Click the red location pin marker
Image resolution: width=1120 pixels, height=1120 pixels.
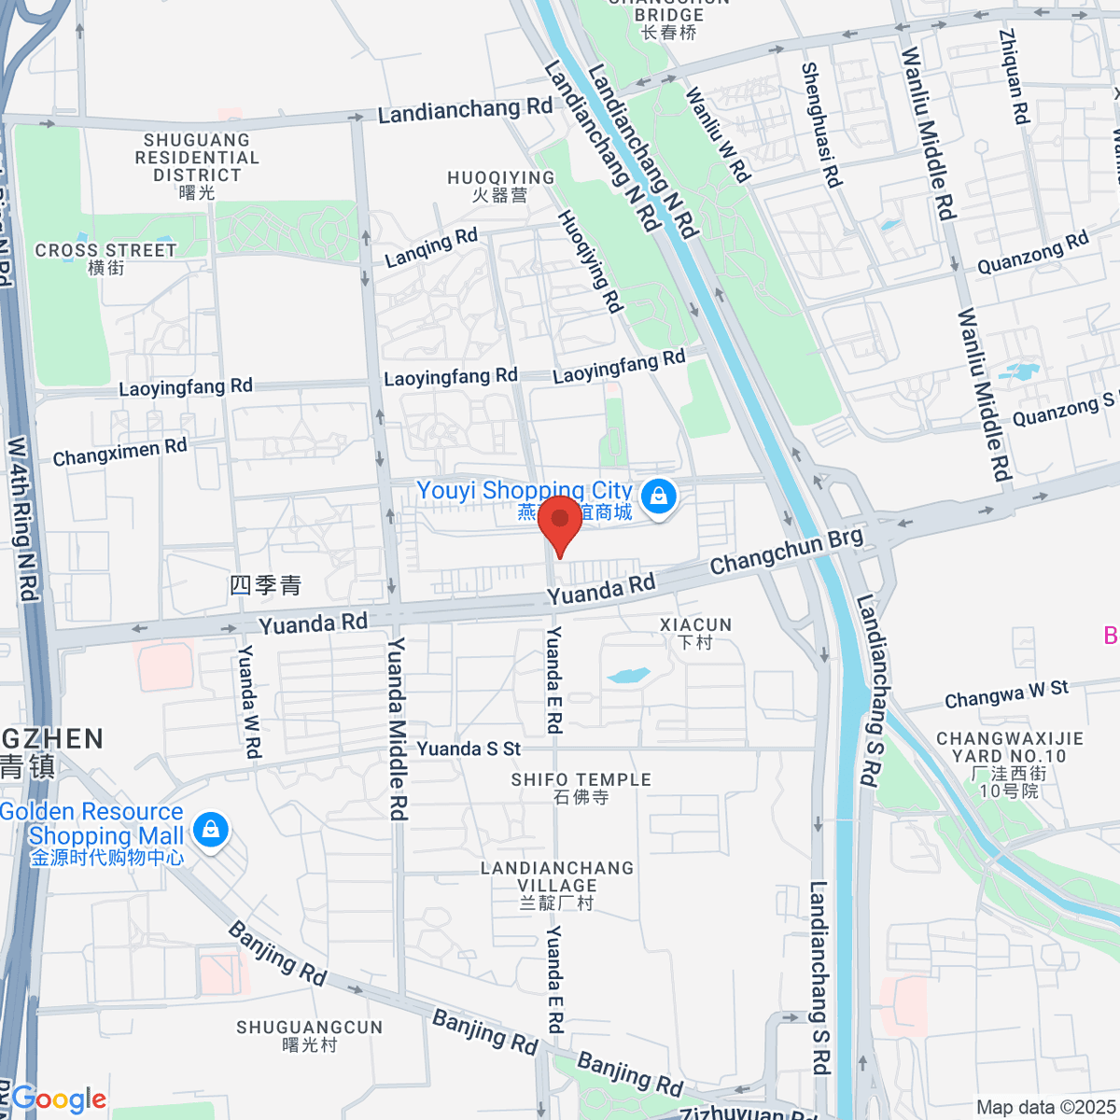560,523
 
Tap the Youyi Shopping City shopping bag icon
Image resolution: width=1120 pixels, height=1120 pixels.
659,496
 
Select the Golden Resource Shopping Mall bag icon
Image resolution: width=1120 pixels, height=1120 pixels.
211,829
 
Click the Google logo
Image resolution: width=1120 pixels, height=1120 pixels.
59,1099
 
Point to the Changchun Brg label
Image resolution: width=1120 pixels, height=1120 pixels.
786,552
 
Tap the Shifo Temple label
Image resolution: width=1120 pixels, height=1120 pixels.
581,788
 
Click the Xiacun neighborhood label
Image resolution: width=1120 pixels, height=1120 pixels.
695,633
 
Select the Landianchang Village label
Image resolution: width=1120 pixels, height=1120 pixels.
557,885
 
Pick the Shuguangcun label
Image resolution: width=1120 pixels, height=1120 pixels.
309,1035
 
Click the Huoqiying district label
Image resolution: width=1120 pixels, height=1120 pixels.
500,186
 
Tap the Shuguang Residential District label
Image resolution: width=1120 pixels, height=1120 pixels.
197,165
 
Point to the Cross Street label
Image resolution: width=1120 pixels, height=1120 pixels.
105,259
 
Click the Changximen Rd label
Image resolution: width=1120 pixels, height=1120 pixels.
119,452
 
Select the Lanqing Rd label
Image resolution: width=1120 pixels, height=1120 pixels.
431,247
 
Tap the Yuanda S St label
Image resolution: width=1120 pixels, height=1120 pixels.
469,749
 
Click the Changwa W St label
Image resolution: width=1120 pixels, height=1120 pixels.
1006,694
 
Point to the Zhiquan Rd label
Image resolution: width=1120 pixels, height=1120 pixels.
1014,77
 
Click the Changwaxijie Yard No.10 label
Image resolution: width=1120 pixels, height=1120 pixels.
1010,763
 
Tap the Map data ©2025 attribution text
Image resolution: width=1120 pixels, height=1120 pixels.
1045,1107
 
